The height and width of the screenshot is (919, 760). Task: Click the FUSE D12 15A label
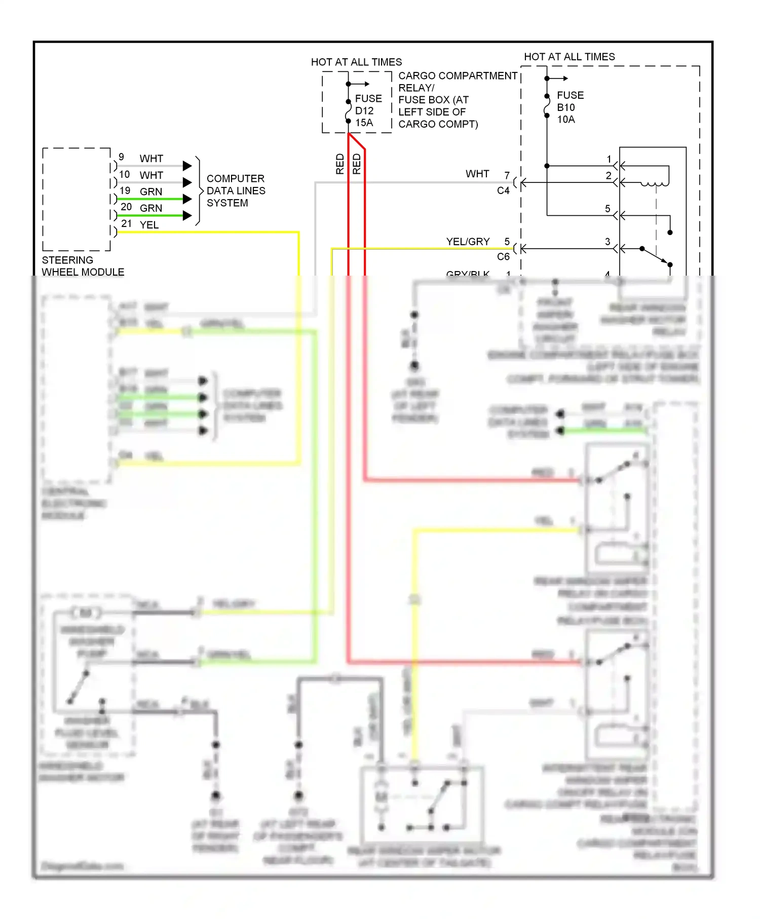pyautogui.click(x=368, y=110)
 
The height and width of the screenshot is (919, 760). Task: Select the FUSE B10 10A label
pyautogui.click(x=569, y=107)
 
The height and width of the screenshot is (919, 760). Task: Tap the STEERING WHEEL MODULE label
pyautogui.click(x=83, y=266)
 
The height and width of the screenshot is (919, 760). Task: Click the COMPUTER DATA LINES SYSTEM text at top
pyautogui.click(x=236, y=190)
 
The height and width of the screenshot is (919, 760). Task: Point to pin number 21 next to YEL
pyautogui.click(x=126, y=223)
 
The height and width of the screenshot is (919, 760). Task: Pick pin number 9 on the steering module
pyautogui.click(x=121, y=157)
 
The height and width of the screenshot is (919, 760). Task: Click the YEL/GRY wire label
pyautogui.click(x=468, y=242)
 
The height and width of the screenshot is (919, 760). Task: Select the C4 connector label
pyautogui.click(x=503, y=190)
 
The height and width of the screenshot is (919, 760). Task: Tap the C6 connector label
pyautogui.click(x=503, y=256)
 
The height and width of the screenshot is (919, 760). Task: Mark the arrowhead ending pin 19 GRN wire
pyautogui.click(x=187, y=199)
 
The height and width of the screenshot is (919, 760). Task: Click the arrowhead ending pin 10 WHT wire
pyautogui.click(x=187, y=182)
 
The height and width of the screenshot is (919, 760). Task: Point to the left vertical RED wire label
pyautogui.click(x=340, y=164)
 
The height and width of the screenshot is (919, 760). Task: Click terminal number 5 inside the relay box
pyautogui.click(x=607, y=209)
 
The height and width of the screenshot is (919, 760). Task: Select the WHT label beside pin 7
pyautogui.click(x=477, y=174)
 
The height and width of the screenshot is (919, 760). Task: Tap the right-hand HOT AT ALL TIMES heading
pyautogui.click(x=569, y=57)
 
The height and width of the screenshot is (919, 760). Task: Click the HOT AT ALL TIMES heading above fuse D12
pyautogui.click(x=356, y=62)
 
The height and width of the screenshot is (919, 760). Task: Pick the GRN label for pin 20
pyautogui.click(x=151, y=208)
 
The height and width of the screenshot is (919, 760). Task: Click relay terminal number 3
pyautogui.click(x=607, y=242)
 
